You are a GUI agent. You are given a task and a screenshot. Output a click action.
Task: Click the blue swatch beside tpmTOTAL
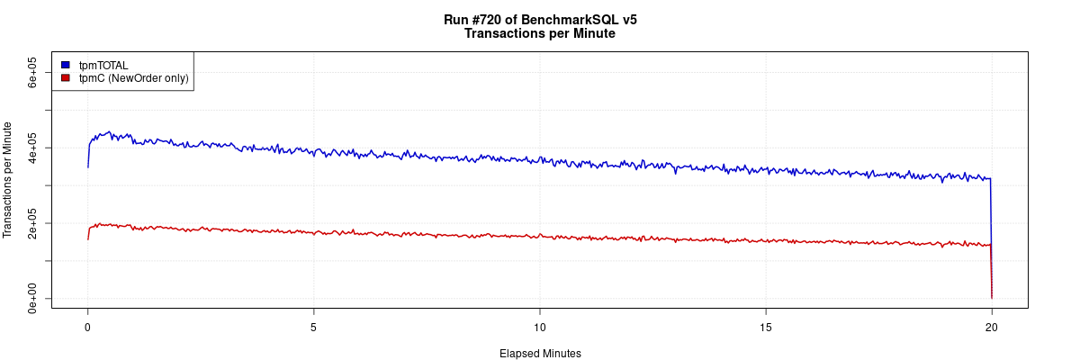click(x=65, y=65)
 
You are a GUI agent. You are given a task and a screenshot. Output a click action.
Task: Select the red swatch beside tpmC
click(x=65, y=78)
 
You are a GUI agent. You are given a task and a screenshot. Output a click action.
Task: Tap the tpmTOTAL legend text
click(x=103, y=65)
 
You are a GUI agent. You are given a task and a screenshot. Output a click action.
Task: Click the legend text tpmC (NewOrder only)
click(x=133, y=78)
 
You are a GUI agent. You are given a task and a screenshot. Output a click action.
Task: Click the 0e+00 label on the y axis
click(x=32, y=298)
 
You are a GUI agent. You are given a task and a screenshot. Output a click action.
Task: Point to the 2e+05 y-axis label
click(x=32, y=222)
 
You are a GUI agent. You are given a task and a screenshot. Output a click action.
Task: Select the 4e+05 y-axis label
click(x=32, y=148)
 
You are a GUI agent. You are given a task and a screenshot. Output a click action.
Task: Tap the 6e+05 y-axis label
click(x=32, y=72)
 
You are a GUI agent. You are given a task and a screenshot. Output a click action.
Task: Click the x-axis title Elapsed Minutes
click(x=540, y=354)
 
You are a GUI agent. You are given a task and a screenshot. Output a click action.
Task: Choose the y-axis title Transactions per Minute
click(x=8, y=180)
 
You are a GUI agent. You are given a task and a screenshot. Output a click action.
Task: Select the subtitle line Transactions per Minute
click(x=540, y=33)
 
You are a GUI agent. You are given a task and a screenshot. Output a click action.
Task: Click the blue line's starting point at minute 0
click(x=87, y=166)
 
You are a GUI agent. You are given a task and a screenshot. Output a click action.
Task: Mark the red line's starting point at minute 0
click(x=87, y=238)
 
